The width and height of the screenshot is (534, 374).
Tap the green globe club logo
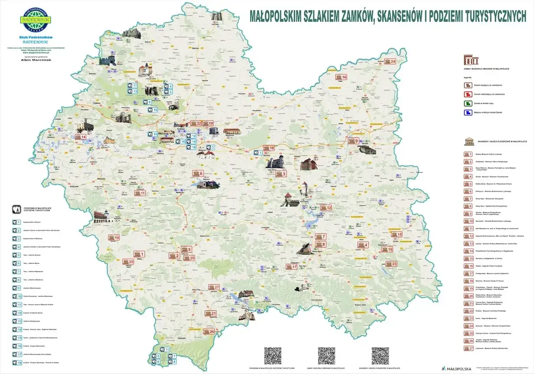tap(36, 20)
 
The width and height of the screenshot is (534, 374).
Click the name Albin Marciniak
tap(36, 60)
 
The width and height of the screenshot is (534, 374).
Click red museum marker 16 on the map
tap(341, 77)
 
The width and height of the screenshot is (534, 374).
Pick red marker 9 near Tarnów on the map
tap(354, 141)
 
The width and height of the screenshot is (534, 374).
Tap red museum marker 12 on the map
tap(327, 208)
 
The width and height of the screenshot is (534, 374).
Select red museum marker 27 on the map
tap(214, 287)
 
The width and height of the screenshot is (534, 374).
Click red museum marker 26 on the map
tap(209, 331)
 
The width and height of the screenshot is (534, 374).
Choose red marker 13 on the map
tap(114, 237)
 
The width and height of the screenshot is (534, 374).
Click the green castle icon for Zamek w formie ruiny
tap(467, 103)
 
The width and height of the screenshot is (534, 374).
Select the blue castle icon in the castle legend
tap(467, 113)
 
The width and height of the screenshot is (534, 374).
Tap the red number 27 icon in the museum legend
tap(468, 348)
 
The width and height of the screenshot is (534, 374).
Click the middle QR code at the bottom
tap(326, 355)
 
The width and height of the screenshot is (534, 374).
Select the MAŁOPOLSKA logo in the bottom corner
tap(457, 368)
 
